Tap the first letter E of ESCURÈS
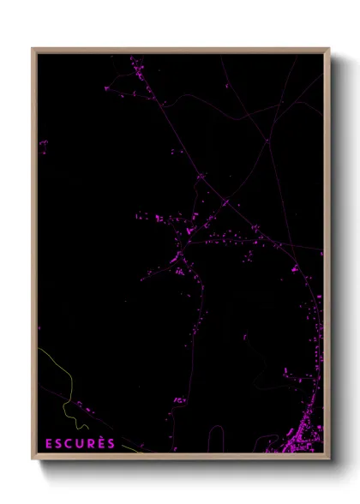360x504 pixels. pyautogui.click(x=48, y=443)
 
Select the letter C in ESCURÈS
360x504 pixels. pyautogui.click(x=69, y=443)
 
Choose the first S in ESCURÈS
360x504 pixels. pyautogui.click(x=58, y=443)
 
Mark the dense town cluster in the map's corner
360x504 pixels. pyautogui.click(x=310, y=429)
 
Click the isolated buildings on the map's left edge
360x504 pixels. pyautogui.click(x=42, y=144)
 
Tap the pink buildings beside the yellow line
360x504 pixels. pyautogui.click(x=78, y=404)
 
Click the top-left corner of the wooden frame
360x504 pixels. pyautogui.click(x=33, y=49)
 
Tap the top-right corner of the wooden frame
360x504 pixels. pyautogui.click(x=329, y=49)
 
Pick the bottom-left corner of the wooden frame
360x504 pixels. pyautogui.click(x=33, y=459)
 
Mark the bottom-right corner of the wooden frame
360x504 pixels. pyautogui.click(x=329, y=459)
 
